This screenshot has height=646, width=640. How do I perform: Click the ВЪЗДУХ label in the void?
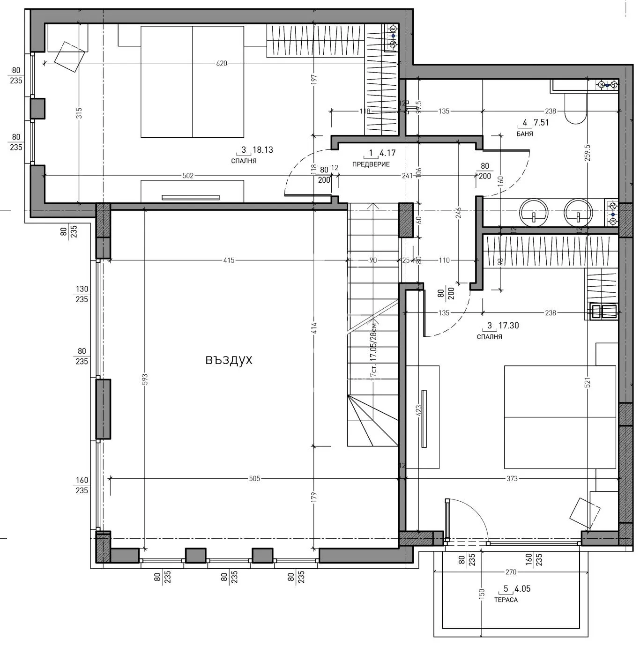(229, 360)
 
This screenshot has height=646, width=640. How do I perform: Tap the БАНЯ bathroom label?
(524, 134)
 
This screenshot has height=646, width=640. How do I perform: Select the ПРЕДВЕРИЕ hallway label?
(371, 164)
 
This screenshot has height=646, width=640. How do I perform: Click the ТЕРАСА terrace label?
(506, 600)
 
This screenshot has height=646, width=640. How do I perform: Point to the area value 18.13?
(262, 150)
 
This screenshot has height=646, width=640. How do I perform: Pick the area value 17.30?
(508, 326)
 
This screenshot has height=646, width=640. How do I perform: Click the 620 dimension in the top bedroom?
(221, 63)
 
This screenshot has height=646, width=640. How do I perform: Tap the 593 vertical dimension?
(145, 379)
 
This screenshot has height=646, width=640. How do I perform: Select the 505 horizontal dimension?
(254, 478)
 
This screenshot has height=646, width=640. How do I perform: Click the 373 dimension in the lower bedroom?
(512, 478)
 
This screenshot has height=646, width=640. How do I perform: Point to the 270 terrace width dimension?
(511, 572)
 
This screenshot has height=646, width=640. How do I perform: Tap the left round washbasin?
(534, 213)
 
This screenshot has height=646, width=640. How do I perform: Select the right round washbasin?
(578, 213)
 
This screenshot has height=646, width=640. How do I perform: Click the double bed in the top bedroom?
(192, 82)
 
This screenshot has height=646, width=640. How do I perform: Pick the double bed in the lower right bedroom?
(560, 417)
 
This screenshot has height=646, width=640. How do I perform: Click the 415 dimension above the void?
(228, 260)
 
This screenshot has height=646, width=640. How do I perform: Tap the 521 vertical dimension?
(588, 382)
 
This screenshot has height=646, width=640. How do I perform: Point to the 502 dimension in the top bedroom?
(187, 176)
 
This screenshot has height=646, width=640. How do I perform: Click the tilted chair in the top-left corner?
(70, 57)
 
